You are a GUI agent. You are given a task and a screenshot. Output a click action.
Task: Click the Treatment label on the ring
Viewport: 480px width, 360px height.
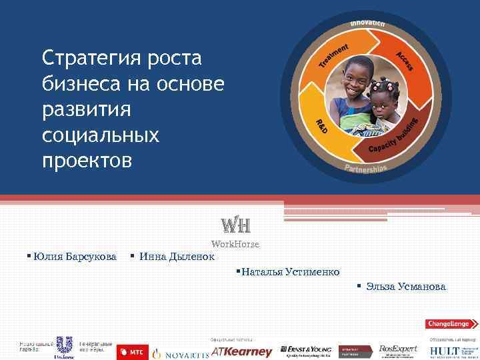(x=333, y=55)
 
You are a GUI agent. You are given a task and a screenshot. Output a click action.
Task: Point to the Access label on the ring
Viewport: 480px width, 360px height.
(x=404, y=61)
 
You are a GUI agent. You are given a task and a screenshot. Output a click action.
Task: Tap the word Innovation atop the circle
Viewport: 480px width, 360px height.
(x=367, y=23)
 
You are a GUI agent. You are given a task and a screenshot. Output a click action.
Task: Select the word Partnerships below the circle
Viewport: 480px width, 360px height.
(x=365, y=167)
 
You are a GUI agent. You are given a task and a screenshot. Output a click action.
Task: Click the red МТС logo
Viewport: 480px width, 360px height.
(x=132, y=351)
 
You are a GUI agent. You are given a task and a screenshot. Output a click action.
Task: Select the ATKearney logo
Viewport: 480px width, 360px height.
(x=242, y=351)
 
